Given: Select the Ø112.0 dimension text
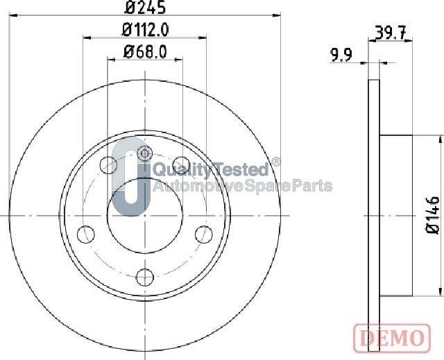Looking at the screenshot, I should pyautogui.click(x=146, y=30).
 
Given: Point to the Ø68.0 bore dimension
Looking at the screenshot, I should pyautogui.click(x=146, y=51).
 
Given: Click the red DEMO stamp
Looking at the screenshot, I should pyautogui.click(x=391, y=337).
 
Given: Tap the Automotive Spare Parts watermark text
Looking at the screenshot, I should pyautogui.click(x=241, y=186).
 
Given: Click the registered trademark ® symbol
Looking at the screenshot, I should pyautogui.click(x=275, y=162).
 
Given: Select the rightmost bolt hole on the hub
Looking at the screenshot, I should pyautogui.click(x=203, y=232).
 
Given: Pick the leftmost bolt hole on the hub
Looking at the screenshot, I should pyautogui.click(x=85, y=232).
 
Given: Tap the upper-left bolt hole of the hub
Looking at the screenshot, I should pyautogui.click(x=108, y=165).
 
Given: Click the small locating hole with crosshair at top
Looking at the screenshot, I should pyautogui.click(x=144, y=153).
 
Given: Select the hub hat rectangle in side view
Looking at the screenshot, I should pyautogui.click(x=396, y=216).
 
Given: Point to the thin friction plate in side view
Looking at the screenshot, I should pyautogui.click(x=374, y=216).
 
